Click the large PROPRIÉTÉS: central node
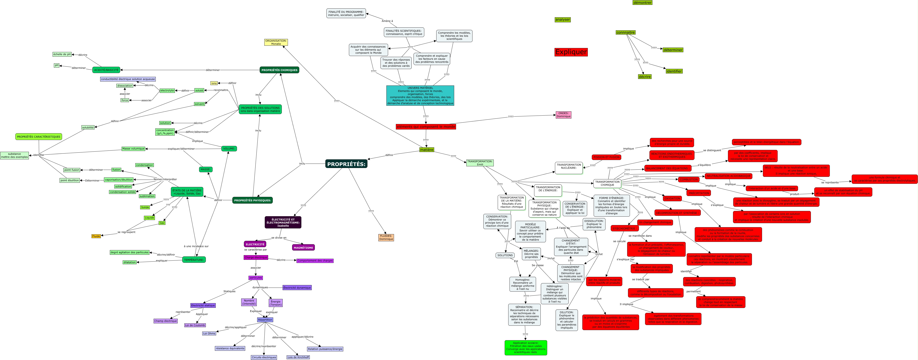(x=346, y=164)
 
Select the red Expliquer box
(x=571, y=52)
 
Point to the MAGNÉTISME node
(x=303, y=247)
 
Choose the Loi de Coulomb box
(x=195, y=325)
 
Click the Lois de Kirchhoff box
(x=298, y=357)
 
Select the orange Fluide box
(x=96, y=236)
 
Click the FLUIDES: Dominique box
(x=386, y=237)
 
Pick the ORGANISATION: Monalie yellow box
(x=276, y=42)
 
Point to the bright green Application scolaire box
(x=526, y=348)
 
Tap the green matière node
(x=427, y=150)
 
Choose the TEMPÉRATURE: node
(x=194, y=260)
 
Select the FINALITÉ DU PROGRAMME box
(x=346, y=13)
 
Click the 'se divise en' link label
(x=279, y=238)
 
